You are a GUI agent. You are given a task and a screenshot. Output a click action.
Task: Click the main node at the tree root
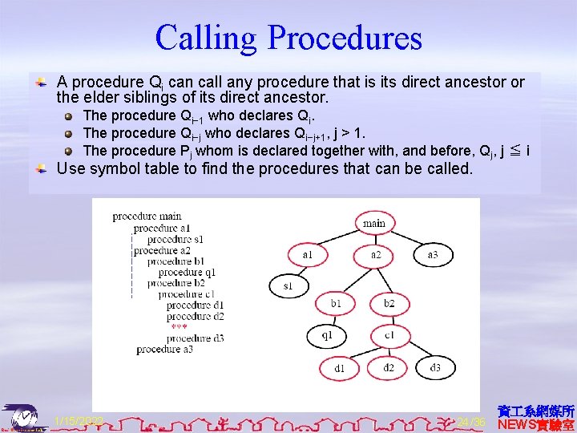click(x=374, y=223)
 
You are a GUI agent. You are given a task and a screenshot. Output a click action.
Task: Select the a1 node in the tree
click(x=308, y=255)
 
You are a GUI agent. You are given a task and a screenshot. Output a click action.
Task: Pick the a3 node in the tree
click(x=433, y=255)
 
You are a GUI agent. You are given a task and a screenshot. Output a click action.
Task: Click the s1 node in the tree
click(x=288, y=285)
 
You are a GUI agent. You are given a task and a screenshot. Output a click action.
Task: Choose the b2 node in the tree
click(x=389, y=303)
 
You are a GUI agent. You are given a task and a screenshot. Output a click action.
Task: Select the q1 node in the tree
click(x=327, y=334)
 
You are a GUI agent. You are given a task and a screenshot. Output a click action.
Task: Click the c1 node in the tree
click(x=389, y=334)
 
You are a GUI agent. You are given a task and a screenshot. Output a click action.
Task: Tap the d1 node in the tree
click(x=340, y=368)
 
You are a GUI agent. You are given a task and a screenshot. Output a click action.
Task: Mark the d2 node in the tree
click(x=389, y=367)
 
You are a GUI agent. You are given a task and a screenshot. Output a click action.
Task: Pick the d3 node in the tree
click(x=435, y=367)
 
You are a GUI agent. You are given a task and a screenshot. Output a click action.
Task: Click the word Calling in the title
click(x=207, y=38)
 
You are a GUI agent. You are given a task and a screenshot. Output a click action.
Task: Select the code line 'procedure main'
click(x=147, y=216)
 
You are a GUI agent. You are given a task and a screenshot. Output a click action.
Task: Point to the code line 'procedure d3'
click(x=195, y=338)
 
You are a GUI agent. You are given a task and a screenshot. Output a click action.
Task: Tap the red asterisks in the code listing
click(x=179, y=327)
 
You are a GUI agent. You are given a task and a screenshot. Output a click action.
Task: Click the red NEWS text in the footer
click(x=516, y=423)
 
